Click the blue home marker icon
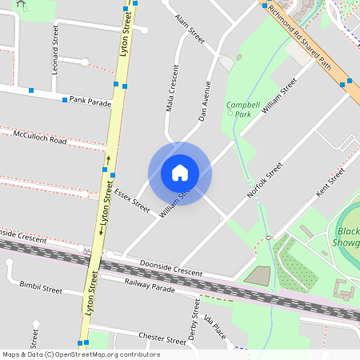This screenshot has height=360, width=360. [x=180, y=173]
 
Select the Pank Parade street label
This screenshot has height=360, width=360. [x=90, y=102]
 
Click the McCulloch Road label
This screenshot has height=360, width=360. [x=40, y=138]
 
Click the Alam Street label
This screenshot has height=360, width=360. [x=190, y=29]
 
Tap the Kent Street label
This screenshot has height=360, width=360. [x=330, y=182]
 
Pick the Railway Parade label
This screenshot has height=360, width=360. [x=149, y=284]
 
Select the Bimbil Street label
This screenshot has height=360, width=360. [x=41, y=286]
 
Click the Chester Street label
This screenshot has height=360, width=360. [x=162, y=338]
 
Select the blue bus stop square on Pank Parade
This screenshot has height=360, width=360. [x=65, y=101]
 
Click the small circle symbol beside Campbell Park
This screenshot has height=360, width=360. [x=230, y=113]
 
